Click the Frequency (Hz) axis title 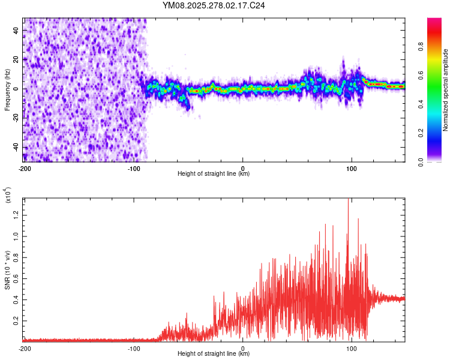coord(7,89)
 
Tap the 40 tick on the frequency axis coord(17,30)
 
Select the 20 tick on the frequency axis coord(17,59)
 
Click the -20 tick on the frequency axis coord(17,118)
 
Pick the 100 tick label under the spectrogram coord(352,168)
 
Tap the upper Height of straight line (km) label coord(214,174)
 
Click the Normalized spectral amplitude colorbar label coord(446,90)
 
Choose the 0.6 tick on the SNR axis coord(17,279)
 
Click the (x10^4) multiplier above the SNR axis coord(8,195)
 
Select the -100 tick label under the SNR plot coord(133,348)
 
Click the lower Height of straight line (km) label coord(214,354)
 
